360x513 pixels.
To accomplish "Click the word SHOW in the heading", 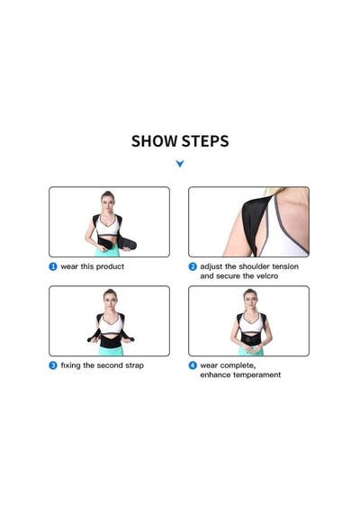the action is click(x=154, y=141).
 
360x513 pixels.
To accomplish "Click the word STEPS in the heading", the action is click(x=205, y=141).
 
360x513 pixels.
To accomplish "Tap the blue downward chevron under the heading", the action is click(x=180, y=163).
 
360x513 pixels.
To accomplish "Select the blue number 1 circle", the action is click(x=53, y=266).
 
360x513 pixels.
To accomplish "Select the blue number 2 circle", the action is click(x=193, y=266).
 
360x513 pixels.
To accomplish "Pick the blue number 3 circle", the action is click(x=53, y=365).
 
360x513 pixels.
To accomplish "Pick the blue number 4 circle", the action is click(x=193, y=365).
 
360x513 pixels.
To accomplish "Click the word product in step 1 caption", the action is click(x=110, y=266).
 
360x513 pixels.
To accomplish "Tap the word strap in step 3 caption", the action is click(x=134, y=365).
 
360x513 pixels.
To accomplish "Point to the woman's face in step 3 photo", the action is click(x=111, y=301).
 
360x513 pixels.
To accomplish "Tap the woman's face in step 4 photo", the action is click(x=250, y=301).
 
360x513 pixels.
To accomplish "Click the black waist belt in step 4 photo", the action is click(x=251, y=338).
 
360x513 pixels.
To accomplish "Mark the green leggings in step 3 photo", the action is click(x=112, y=350).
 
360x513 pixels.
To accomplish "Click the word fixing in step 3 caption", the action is click(x=70, y=365).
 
